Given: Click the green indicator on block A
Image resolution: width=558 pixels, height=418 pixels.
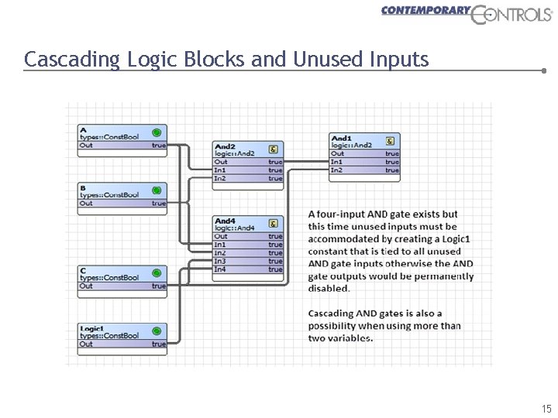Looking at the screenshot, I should pos(157,132).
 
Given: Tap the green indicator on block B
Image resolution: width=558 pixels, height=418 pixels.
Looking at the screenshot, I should pos(157,190).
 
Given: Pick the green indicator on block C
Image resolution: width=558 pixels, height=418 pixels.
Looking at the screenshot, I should pos(157,272).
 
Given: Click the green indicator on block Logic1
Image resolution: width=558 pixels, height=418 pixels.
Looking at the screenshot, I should pos(157,331).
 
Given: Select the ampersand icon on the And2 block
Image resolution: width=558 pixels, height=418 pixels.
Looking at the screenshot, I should pos(274,148).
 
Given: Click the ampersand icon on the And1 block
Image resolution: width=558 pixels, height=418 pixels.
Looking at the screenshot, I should pos(390,140).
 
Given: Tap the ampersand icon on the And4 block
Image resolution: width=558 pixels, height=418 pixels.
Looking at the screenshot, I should pos(274,222).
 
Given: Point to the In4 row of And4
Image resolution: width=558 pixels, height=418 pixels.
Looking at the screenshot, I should pos(248,270).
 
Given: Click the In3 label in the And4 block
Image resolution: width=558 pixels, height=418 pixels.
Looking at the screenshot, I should pos(220,262).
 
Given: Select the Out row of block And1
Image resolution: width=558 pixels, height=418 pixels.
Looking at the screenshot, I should pos(364,153).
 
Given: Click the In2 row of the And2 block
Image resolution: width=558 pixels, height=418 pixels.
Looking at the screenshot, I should pos(248,179).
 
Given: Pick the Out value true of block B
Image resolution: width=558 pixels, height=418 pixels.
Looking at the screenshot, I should pos(158,204).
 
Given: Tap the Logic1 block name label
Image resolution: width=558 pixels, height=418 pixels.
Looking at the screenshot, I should pos(92,329).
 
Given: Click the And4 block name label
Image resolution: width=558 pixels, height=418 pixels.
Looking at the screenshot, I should pos(225,221).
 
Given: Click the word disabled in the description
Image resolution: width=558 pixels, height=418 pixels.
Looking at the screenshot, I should pos(329,288).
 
